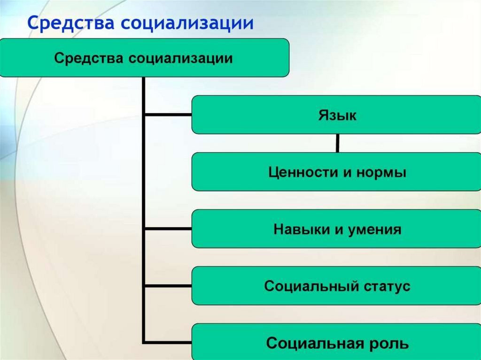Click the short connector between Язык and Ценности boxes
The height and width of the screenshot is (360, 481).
337,143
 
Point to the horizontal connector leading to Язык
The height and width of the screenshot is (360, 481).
167,115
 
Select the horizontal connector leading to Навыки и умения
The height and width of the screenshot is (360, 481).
167,229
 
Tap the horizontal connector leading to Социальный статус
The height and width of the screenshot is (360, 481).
167,286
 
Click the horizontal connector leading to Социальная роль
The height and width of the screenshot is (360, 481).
167,342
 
